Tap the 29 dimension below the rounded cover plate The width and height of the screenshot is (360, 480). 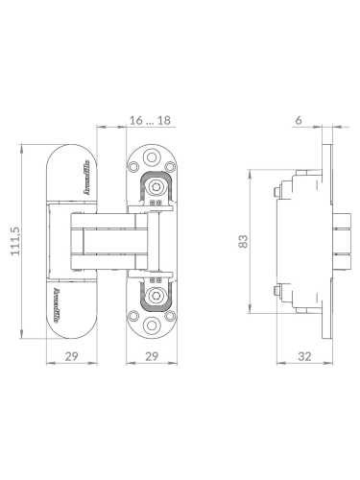[x=69, y=354]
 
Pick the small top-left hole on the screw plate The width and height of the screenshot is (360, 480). [x=133, y=166]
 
